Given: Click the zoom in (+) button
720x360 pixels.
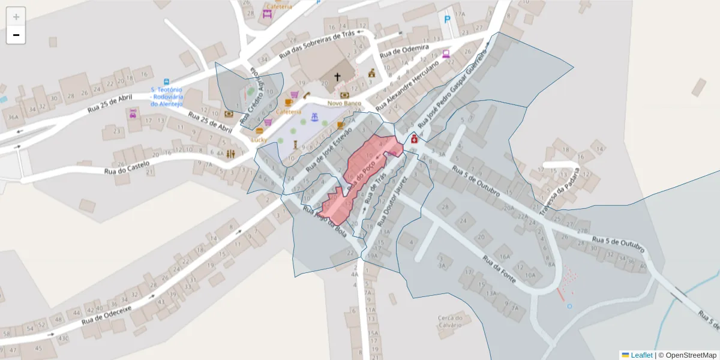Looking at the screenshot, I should (x=16, y=16).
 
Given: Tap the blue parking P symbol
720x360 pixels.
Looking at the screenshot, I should (x=447, y=19).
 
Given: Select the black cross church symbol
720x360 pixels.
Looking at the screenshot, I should (x=337, y=77).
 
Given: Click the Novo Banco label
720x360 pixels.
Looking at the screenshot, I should (x=343, y=103).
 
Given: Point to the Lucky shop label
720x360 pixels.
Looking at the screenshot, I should (x=259, y=139).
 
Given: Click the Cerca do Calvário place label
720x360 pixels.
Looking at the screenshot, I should (x=449, y=322).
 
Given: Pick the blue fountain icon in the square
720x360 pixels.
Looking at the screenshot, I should (x=313, y=115).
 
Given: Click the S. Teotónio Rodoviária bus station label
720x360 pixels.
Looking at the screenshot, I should (x=167, y=97).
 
